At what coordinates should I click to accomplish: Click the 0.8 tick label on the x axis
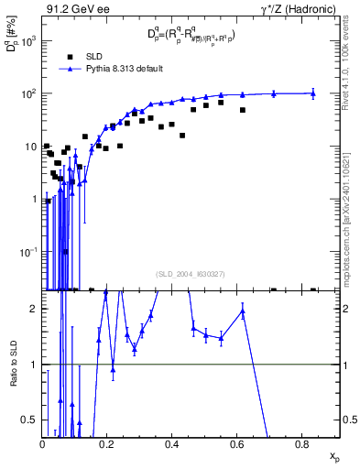pos(302,443)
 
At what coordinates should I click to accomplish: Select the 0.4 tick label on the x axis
pos(172,443)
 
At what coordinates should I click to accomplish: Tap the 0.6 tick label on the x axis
pos(237,443)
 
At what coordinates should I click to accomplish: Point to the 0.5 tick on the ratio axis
pos(31,420)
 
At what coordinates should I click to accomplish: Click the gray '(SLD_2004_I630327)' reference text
pos(191,273)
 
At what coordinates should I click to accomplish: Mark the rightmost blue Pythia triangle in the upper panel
pos(313,93)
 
